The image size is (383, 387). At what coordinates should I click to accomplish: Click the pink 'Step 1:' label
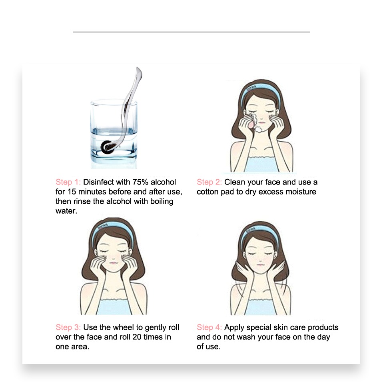(68, 182)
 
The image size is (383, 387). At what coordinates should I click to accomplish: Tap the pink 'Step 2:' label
(209, 182)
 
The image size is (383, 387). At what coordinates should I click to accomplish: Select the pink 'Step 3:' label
(68, 327)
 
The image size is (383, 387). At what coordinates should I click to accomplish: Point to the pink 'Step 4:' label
(209, 327)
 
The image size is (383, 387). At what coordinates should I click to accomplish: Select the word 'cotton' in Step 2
(208, 192)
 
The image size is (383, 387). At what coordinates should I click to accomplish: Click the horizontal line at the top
(191, 32)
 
